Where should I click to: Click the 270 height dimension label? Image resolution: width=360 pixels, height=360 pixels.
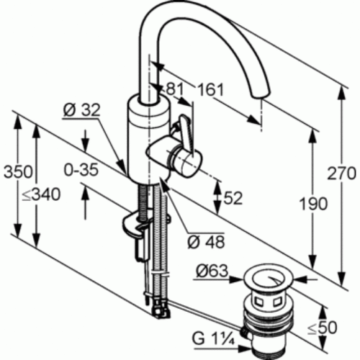click(x=341, y=174)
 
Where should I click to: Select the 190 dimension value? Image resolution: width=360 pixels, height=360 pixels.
click(x=314, y=204)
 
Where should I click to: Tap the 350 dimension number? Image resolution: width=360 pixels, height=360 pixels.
click(x=18, y=172)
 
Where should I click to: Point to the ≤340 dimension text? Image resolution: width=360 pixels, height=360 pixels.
click(x=41, y=194)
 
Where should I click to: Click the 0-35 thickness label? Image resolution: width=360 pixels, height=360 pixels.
click(x=81, y=170)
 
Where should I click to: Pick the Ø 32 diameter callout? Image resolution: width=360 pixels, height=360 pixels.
click(x=81, y=110)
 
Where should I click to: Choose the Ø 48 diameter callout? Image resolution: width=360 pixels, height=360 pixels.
click(x=207, y=242)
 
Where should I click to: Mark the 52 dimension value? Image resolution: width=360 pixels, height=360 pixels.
click(x=233, y=198)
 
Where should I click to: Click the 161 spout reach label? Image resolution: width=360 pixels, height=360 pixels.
click(x=210, y=90)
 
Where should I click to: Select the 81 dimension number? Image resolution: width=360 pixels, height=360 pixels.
click(x=174, y=89)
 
